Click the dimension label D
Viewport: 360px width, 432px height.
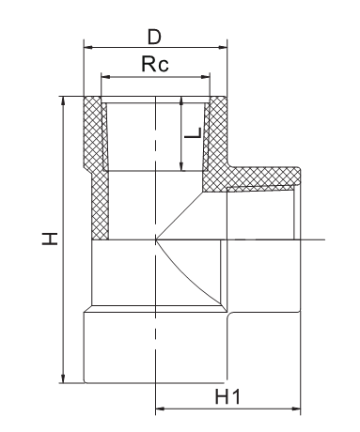[154, 37]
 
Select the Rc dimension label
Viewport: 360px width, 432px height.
[155, 64]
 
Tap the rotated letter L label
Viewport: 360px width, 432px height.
[193, 132]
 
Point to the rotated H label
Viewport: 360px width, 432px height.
[50, 239]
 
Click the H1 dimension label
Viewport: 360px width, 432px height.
[227, 396]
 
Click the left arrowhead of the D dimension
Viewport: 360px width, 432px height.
[88, 48]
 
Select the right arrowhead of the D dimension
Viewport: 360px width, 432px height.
[223, 48]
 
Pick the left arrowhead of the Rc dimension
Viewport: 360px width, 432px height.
[106, 77]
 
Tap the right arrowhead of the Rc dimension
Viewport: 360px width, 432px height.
[205, 77]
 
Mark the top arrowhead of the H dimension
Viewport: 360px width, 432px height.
[64, 100]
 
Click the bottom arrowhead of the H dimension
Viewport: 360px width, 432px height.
[64, 378]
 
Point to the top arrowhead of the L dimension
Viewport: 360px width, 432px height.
[181, 101]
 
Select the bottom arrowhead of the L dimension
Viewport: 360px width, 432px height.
[181, 166]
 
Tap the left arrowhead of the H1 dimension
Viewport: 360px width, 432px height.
[161, 409]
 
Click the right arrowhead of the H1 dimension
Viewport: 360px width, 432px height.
[296, 409]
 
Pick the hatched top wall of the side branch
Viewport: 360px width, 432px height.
[263, 177]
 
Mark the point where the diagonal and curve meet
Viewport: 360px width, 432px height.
[156, 240]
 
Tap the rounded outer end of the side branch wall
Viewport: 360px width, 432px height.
[299, 176]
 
